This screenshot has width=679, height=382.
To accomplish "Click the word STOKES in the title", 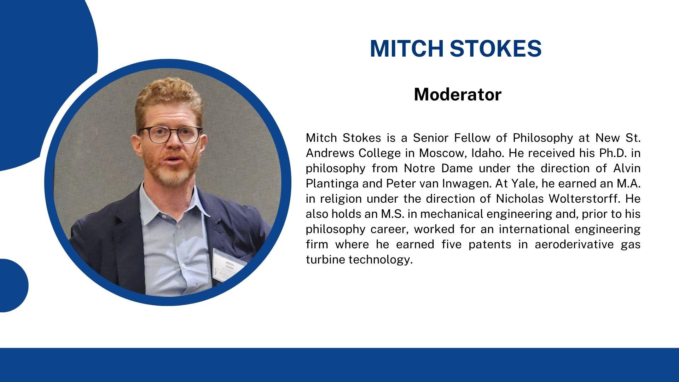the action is (496, 48).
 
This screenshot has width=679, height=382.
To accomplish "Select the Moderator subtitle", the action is (458, 94).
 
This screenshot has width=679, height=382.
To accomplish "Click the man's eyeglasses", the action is (170, 134).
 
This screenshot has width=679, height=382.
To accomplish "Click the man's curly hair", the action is (169, 97).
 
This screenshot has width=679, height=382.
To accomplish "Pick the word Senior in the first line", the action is (430, 138).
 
